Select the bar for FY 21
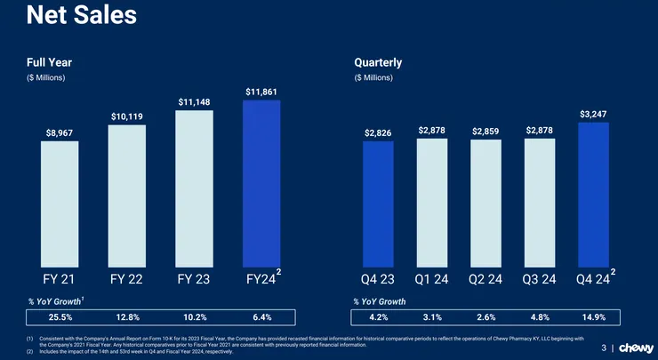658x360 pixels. pos(60,202)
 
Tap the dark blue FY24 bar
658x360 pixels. pos(261,182)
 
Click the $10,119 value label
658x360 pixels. pos(127,116)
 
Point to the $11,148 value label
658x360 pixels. pos(195,102)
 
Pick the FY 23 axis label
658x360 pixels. pos(195,279)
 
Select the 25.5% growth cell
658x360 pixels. pos(60,317)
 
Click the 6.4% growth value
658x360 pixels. pos(261,317)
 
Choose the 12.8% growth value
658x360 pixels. pos(127,317)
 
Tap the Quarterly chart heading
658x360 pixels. pos(378,62)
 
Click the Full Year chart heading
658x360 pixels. pos(49,62)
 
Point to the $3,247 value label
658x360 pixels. pos(594,114)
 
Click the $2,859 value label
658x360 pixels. pos(485,132)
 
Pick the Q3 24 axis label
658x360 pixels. pos(540,279)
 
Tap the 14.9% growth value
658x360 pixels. pos(594,317)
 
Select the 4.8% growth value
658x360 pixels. pos(540,317)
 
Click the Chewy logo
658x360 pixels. pos(636,348)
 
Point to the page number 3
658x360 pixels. pos(605,348)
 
